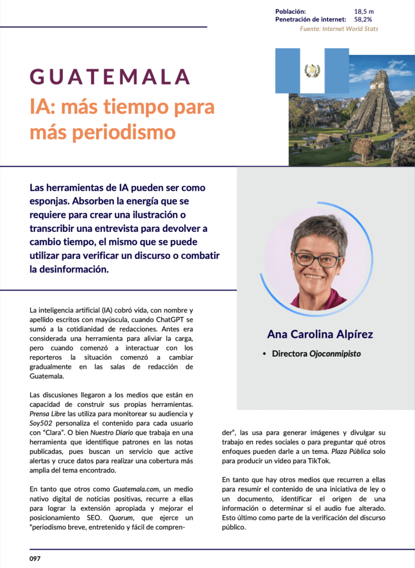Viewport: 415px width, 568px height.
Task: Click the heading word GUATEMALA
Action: (110, 77)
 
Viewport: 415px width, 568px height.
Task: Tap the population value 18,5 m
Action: (363, 11)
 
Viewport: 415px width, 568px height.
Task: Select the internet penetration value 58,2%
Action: (363, 19)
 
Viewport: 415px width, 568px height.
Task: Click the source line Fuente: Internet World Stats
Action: (339, 28)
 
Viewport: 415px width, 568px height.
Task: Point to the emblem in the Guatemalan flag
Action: (312, 70)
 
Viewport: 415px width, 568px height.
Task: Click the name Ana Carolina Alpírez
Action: (320, 334)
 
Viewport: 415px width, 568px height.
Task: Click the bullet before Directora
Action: (265, 353)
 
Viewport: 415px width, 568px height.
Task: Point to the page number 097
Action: (35, 559)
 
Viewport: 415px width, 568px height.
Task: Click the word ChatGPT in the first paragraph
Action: (167, 320)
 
